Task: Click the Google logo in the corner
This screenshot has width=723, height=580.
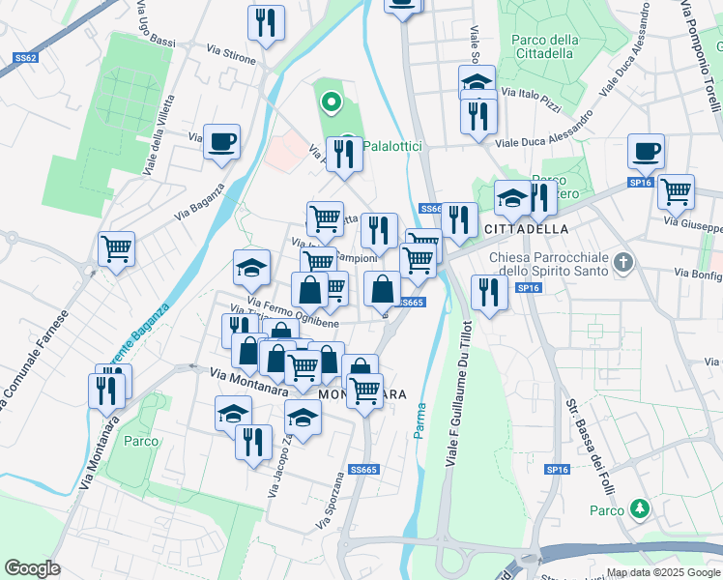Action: pyautogui.click(x=32, y=567)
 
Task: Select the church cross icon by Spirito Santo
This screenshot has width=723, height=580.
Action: pyautogui.click(x=624, y=261)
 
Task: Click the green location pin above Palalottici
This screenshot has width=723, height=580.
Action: pyautogui.click(x=331, y=100)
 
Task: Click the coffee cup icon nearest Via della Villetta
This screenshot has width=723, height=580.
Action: pyautogui.click(x=221, y=143)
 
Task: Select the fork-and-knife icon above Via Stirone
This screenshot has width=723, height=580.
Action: pyautogui.click(x=266, y=22)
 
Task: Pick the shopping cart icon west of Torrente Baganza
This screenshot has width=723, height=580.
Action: pyautogui.click(x=117, y=249)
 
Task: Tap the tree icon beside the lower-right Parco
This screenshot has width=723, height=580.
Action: pyautogui.click(x=638, y=507)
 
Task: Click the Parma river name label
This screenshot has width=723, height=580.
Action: pyautogui.click(x=420, y=420)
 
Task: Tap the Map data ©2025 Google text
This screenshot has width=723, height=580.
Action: pyautogui.click(x=662, y=572)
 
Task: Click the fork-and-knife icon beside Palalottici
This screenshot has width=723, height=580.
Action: pyautogui.click(x=344, y=154)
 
